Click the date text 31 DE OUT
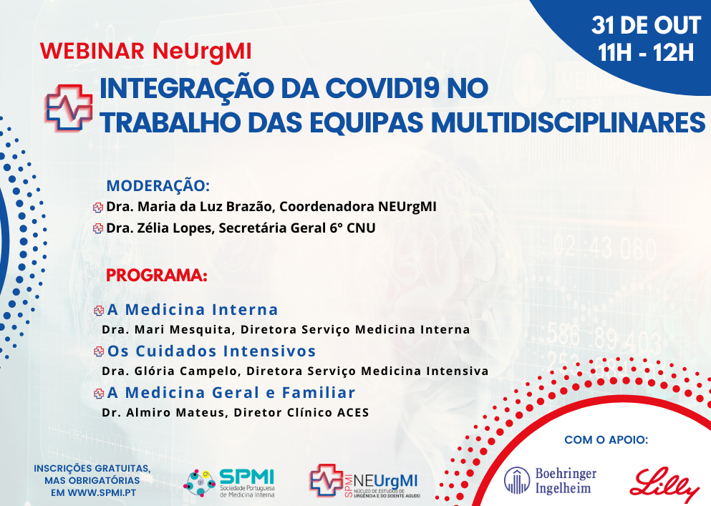pyautogui.click(x=646, y=25)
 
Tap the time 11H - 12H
pyautogui.click(x=646, y=52)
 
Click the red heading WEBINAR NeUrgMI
pyautogui.click(x=145, y=52)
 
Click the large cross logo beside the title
pyautogui.click(x=69, y=108)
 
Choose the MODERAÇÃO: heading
pyautogui.click(x=158, y=186)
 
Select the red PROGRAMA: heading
pyautogui.click(x=156, y=276)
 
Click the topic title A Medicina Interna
pyautogui.click(x=193, y=310)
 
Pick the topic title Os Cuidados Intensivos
pyautogui.click(x=211, y=351)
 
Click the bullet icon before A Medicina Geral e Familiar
pyautogui.click(x=99, y=394)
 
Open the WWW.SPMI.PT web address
pyautogui.click(x=102, y=492)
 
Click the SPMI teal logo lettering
pyautogui.click(x=247, y=477)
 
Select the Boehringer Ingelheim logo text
pyautogui.click(x=566, y=481)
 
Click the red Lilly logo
pyautogui.click(x=664, y=485)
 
